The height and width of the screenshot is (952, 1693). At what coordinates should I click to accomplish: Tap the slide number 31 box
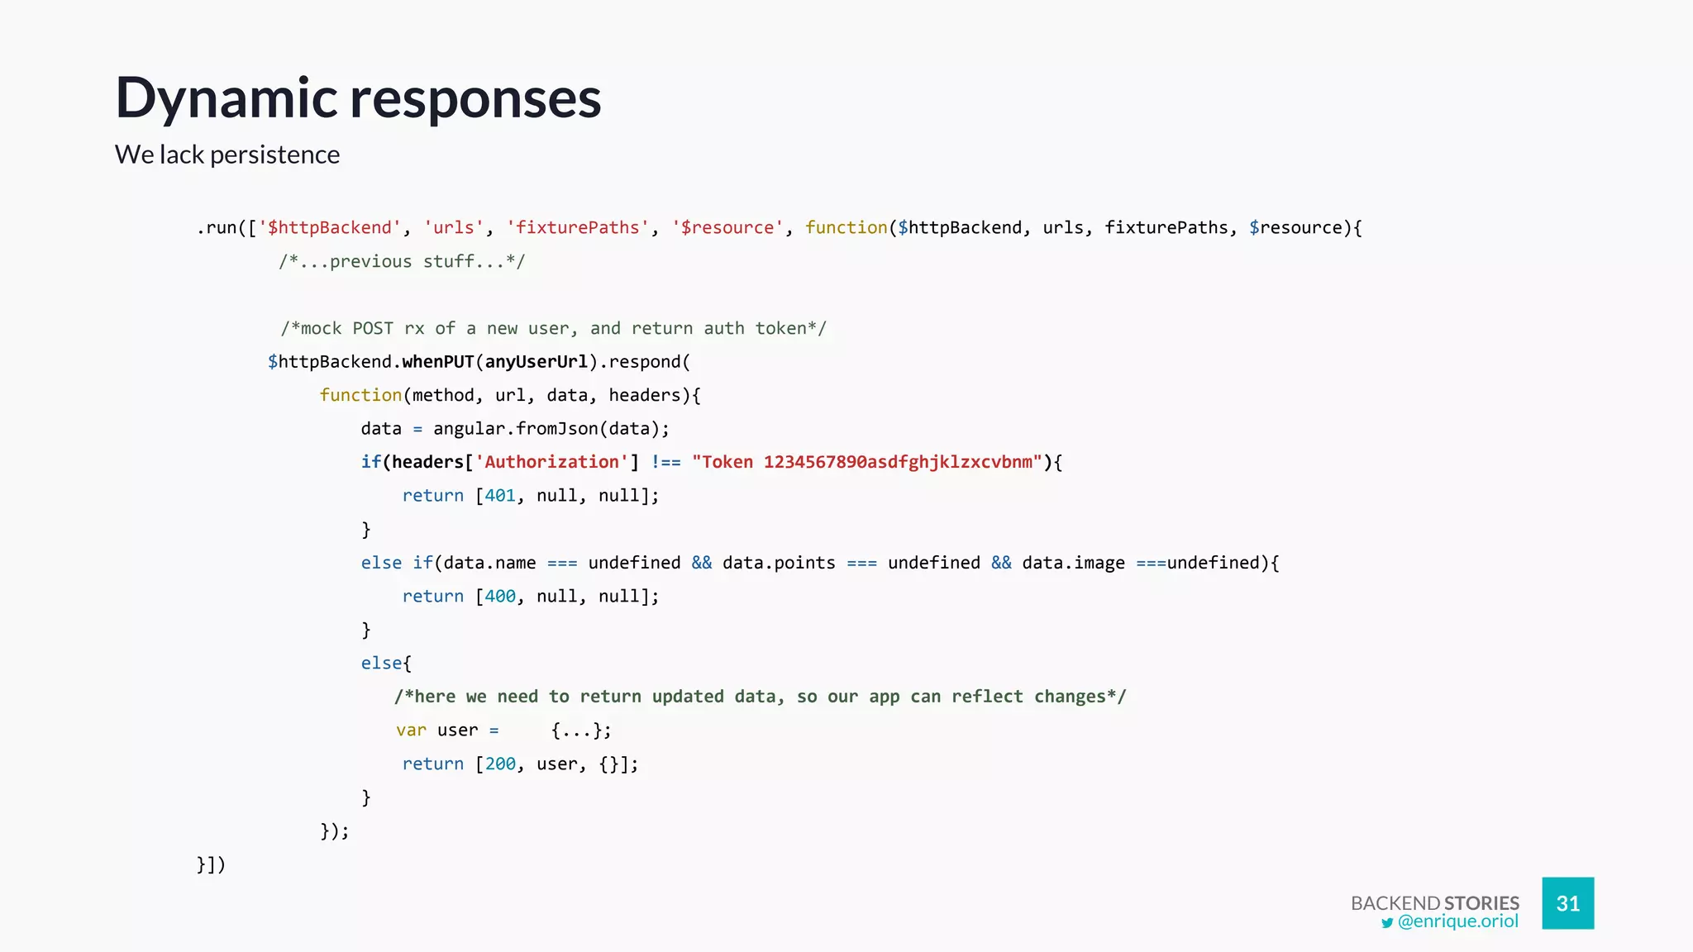pyautogui.click(x=1567, y=903)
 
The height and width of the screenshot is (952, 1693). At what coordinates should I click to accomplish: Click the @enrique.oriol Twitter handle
pyautogui.click(x=1457, y=921)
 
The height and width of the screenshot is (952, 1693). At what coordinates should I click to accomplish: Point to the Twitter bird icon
pyautogui.click(x=1387, y=923)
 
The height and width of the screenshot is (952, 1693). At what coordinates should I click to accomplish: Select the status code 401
pyautogui.click(x=500, y=496)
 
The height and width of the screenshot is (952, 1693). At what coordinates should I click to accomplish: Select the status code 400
pyautogui.click(x=500, y=597)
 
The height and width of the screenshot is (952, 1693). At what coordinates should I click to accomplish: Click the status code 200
pyautogui.click(x=500, y=764)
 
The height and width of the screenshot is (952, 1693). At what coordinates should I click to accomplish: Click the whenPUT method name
pyautogui.click(x=437, y=362)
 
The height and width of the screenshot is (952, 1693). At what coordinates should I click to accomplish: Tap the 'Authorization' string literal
pyautogui.click(x=551, y=462)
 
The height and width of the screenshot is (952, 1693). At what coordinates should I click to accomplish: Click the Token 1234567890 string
pyautogui.click(x=866, y=462)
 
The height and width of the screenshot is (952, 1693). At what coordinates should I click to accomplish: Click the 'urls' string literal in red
pyautogui.click(x=454, y=228)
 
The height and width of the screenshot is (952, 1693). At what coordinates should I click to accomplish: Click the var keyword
pyautogui.click(x=411, y=731)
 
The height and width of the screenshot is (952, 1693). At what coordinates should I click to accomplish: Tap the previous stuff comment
pyautogui.click(x=402, y=262)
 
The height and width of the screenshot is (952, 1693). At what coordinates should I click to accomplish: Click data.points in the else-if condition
pyautogui.click(x=779, y=563)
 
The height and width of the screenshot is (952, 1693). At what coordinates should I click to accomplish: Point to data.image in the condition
pyautogui.click(x=1073, y=563)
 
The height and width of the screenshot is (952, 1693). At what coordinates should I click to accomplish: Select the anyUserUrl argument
pyautogui.click(x=536, y=362)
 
